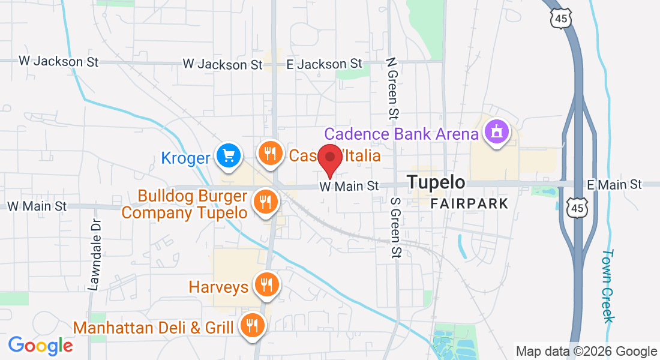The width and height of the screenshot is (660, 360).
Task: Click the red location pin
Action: click(329, 158)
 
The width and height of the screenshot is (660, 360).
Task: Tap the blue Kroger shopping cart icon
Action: click(228, 156)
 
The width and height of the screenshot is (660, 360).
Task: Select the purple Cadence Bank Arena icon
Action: click(496, 131)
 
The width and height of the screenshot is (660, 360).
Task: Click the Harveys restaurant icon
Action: click(265, 284)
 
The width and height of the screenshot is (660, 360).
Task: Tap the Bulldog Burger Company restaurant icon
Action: click(265, 202)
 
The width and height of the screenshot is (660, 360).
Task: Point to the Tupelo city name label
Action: click(436, 182)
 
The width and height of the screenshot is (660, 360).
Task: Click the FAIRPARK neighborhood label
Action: click(469, 203)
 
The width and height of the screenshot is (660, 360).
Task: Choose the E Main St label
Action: click(614, 184)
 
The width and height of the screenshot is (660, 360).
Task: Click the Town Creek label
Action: click(608, 286)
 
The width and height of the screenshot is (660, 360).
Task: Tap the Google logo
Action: click(40, 346)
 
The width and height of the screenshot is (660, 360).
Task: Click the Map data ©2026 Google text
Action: click(587, 351)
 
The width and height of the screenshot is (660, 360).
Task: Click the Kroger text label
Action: click(185, 158)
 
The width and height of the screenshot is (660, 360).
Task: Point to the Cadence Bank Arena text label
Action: click(401, 133)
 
